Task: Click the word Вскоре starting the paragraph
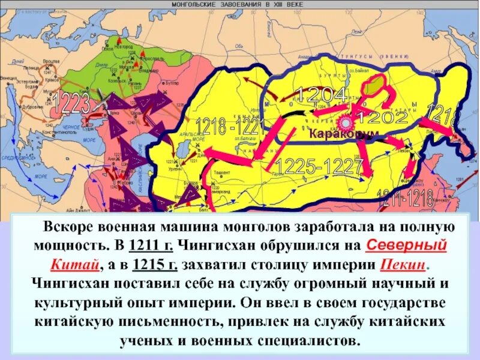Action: (65, 228)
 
